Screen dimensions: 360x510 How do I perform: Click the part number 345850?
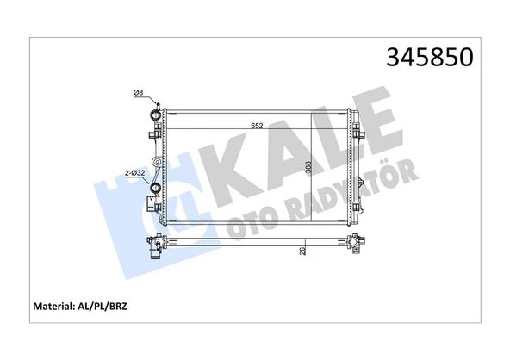[x=432, y=58]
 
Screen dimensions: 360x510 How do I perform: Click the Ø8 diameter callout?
[x=138, y=93]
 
